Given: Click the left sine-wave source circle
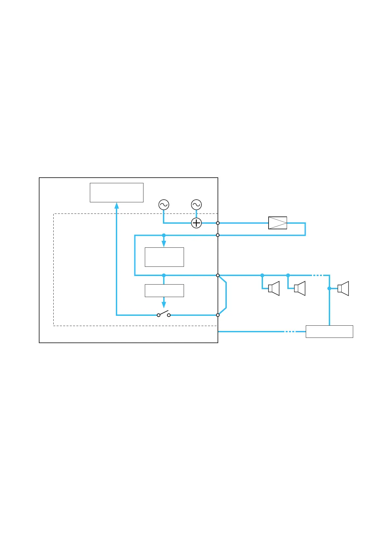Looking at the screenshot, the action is [x=164, y=205].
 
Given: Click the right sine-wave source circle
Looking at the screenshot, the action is [x=196, y=205].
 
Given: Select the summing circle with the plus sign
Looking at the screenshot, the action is [x=196, y=223].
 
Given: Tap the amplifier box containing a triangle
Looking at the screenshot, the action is [x=277, y=223].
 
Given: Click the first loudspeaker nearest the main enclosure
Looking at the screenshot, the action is [x=274, y=289].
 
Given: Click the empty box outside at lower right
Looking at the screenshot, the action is [x=329, y=331].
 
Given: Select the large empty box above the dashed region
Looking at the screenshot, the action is [x=117, y=192].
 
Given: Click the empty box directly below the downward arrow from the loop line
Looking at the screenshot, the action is [x=164, y=257].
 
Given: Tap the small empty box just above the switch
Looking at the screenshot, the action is [x=164, y=290].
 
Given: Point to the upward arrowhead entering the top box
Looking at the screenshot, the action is [x=117, y=206].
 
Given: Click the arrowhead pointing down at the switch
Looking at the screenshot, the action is [x=164, y=305].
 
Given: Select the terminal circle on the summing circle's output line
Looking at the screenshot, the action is [x=218, y=223].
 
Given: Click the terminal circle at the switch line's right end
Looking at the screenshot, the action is [x=218, y=315].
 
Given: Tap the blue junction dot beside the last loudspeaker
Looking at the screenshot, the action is [x=329, y=289].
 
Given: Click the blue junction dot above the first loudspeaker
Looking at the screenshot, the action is [x=262, y=275].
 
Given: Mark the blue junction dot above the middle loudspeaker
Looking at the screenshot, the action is [x=288, y=275].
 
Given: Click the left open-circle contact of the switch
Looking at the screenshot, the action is [x=159, y=315].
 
